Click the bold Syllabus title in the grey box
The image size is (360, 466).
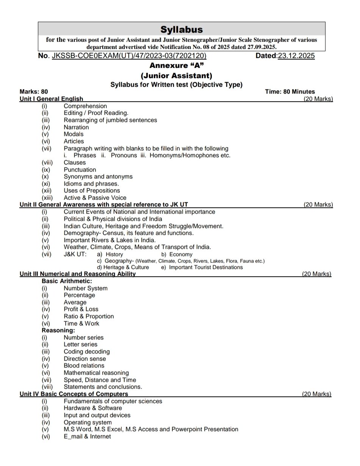click(x=182, y=30)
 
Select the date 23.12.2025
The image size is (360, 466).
click(x=296, y=56)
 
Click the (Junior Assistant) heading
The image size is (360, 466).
click(x=176, y=75)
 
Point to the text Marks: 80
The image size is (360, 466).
click(x=34, y=92)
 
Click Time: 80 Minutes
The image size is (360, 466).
click(x=290, y=92)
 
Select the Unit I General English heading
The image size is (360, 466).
click(x=51, y=99)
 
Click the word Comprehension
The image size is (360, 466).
click(x=85, y=106)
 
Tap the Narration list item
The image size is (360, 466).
click(x=76, y=127)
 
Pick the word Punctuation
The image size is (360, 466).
click(x=80, y=170)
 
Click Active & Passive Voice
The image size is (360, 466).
click(x=95, y=198)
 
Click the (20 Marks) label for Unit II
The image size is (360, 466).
click(x=318, y=205)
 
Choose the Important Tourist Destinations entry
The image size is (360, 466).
click(x=206, y=267)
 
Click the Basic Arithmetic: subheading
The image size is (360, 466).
click(x=67, y=281)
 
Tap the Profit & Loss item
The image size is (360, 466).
click(x=81, y=309)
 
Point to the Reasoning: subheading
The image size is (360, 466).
click(x=58, y=330)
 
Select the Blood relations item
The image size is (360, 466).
click(x=84, y=366)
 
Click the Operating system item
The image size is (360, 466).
click(x=88, y=422)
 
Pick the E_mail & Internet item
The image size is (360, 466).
click(x=87, y=436)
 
